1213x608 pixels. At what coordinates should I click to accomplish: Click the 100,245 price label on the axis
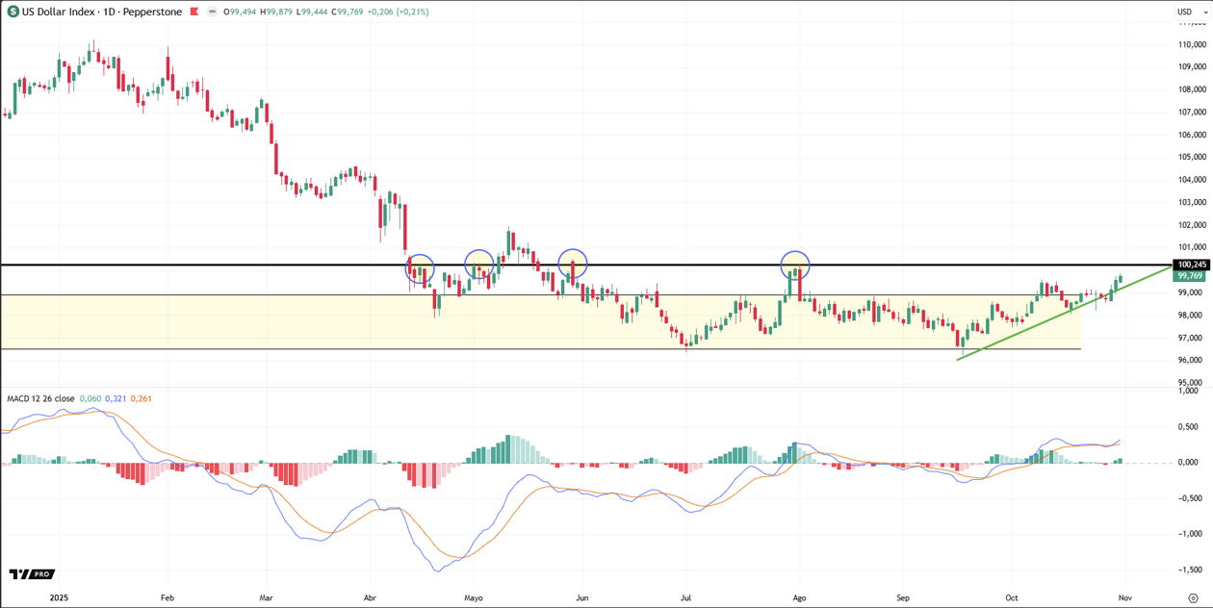(x=1192, y=265)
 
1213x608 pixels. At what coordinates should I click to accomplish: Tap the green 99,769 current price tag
(x=1192, y=276)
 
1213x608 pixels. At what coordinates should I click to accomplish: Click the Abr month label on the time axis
(x=371, y=597)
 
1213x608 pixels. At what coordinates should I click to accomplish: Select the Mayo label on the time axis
(x=473, y=597)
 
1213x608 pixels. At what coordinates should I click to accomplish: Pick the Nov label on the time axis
(x=1123, y=597)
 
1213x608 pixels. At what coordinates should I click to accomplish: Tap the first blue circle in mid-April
(x=420, y=268)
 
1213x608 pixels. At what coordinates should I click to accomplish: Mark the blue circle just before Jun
(x=573, y=264)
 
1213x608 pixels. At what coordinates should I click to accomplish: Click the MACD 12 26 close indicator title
(x=40, y=398)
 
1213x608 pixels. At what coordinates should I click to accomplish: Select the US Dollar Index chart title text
(x=102, y=12)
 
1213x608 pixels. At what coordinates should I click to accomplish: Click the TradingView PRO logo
(x=31, y=574)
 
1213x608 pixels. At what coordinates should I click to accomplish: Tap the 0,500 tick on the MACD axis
(x=1192, y=426)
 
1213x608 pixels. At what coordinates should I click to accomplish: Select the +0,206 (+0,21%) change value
(x=400, y=12)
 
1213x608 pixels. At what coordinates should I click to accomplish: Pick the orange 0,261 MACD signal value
(x=141, y=398)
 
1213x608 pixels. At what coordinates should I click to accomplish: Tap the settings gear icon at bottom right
(x=1194, y=597)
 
